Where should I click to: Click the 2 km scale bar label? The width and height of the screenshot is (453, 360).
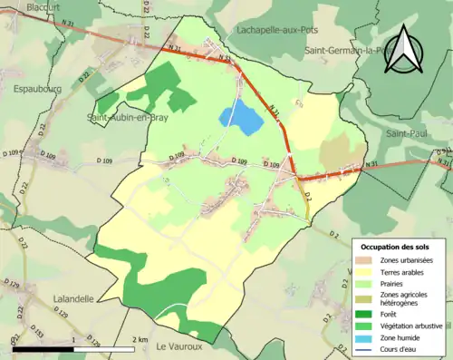coord(140,339)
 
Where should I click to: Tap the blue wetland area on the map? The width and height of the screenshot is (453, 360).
coord(237,118)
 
